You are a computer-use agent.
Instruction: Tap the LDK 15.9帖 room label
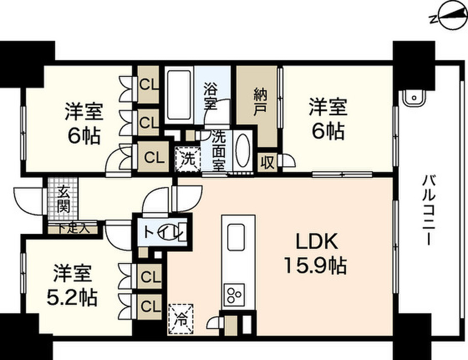point(315,254)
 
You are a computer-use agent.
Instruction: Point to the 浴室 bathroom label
point(211,95)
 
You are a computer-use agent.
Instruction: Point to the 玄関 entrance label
point(63,201)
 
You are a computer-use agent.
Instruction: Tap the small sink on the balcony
point(413,97)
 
